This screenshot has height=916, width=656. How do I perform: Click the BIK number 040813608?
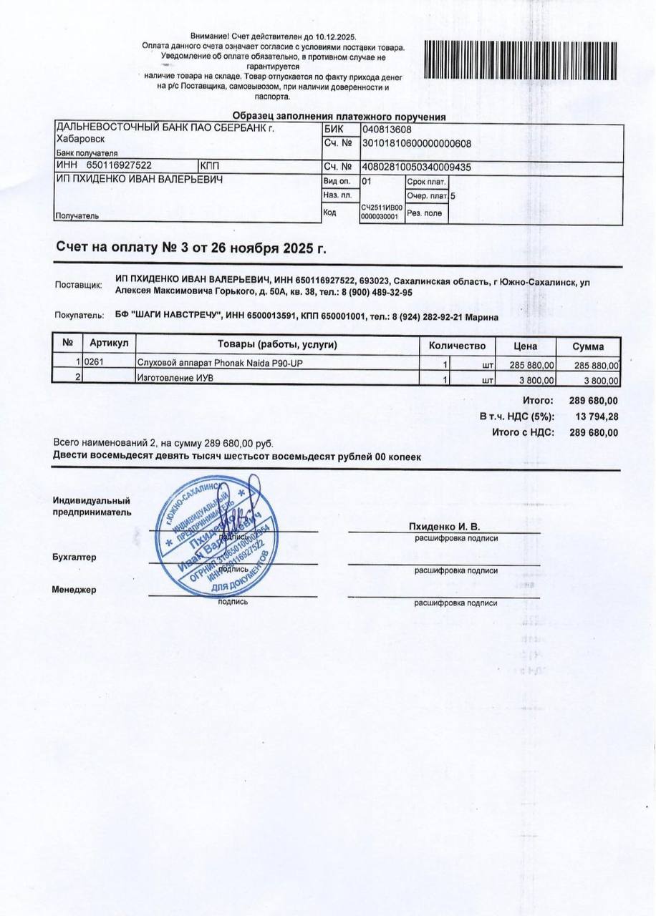pyautogui.click(x=387, y=130)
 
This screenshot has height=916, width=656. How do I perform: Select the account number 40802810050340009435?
pyautogui.click(x=417, y=167)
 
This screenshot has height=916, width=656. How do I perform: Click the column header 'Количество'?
pyautogui.click(x=457, y=346)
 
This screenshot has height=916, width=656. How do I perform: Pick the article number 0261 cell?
pyautogui.click(x=95, y=364)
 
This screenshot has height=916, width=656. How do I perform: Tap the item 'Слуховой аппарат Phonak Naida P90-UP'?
pyautogui.click(x=220, y=364)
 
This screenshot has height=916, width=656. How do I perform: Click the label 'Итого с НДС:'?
pyautogui.click(x=523, y=432)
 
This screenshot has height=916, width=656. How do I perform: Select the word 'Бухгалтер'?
pyautogui.click(x=74, y=557)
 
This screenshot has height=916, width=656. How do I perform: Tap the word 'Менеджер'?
pyautogui.click(x=74, y=590)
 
